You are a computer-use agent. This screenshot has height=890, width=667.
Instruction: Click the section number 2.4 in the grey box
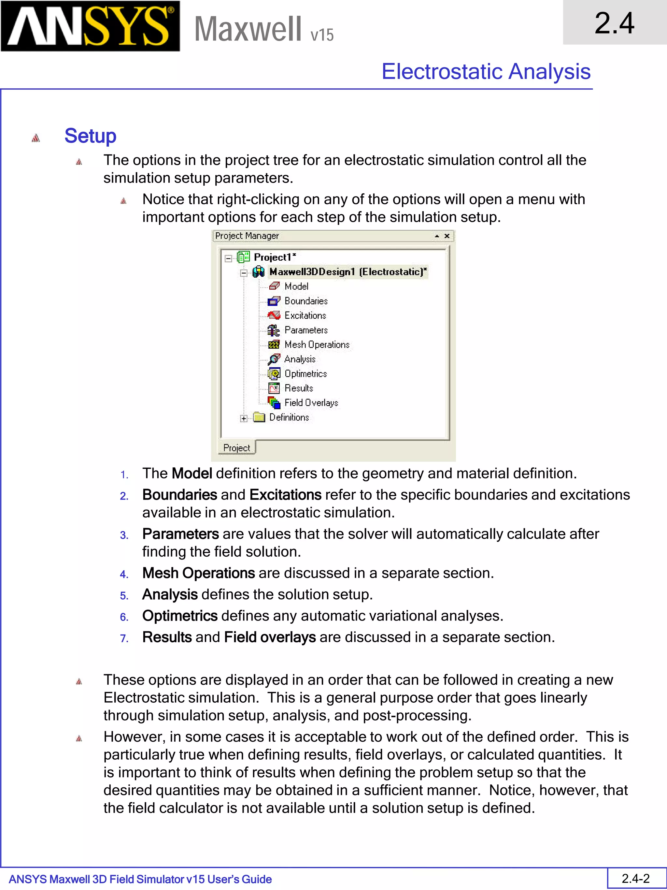614,23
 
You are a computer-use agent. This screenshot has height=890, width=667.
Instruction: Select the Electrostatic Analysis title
486,72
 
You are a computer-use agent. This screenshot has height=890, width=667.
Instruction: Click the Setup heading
90,136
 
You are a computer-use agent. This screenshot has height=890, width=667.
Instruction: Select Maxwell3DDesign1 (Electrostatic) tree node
348,272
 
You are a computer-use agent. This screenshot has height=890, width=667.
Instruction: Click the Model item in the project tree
296,286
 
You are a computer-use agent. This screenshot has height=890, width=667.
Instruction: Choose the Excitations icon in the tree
274,315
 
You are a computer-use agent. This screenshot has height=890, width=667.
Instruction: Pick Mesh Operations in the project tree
317,344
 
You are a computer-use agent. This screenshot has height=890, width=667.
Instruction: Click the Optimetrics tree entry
305,374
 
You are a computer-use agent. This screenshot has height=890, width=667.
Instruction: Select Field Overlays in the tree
311,403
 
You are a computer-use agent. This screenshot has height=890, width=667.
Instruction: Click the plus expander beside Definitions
244,418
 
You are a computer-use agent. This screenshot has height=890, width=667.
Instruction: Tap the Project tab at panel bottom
236,448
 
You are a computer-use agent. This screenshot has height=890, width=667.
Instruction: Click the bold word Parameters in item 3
180,534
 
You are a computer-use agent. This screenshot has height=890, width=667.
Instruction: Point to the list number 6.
124,617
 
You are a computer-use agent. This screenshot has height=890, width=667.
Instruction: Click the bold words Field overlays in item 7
270,637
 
